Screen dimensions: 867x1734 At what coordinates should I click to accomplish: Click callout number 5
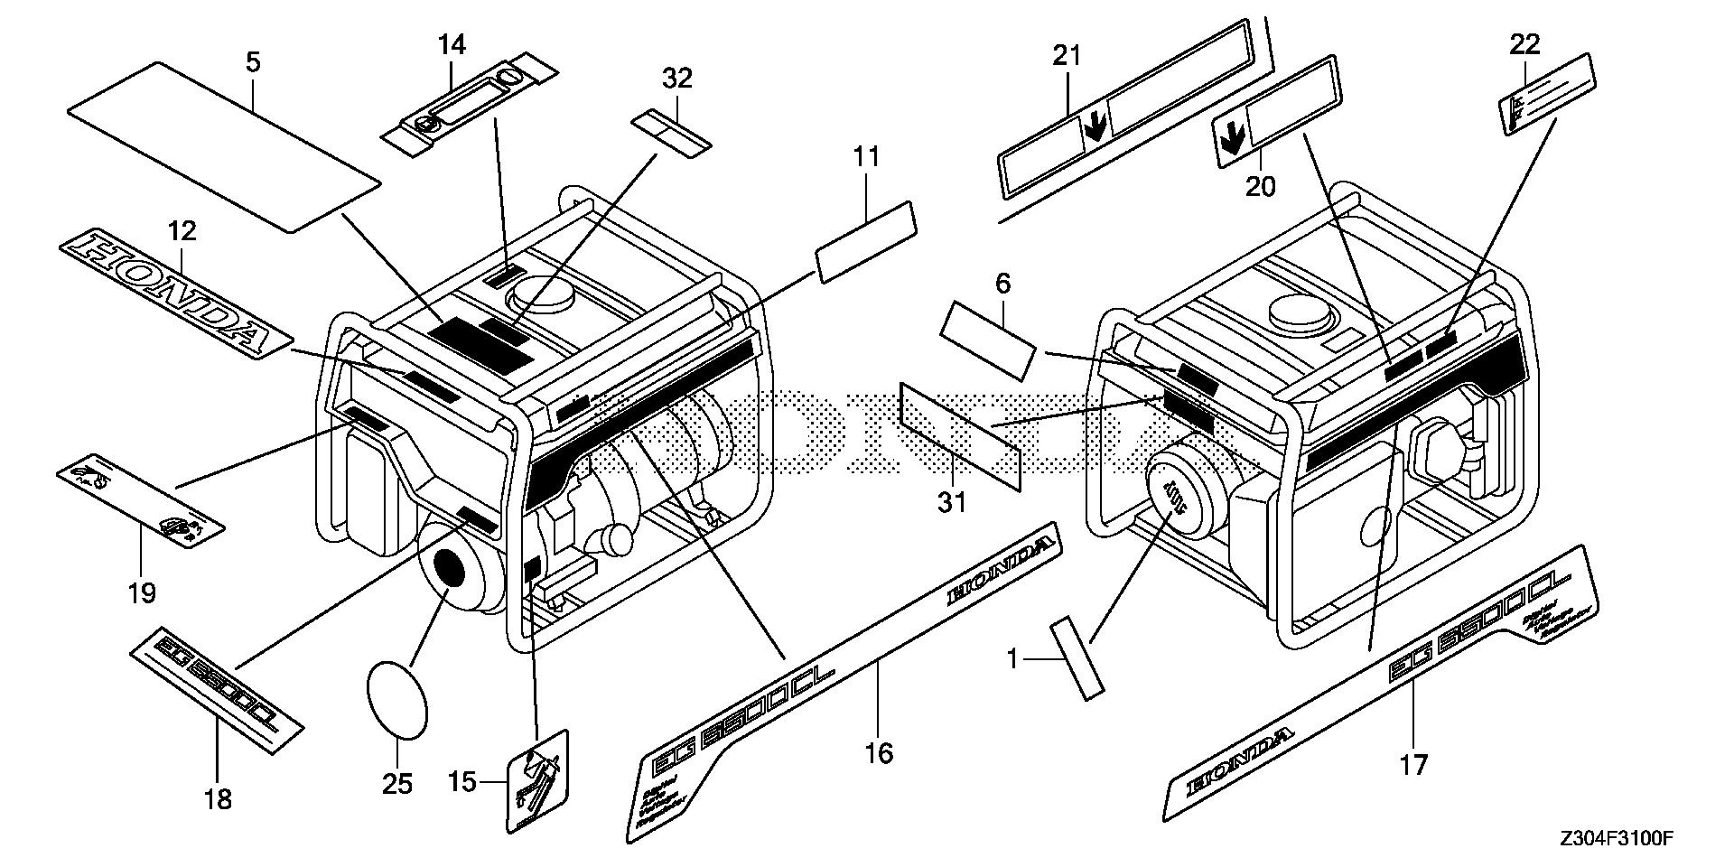tap(253, 62)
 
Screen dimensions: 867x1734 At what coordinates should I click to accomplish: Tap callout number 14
tap(452, 43)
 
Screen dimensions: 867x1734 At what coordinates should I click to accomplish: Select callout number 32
tap(676, 79)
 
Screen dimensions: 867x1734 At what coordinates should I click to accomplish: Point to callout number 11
tap(866, 157)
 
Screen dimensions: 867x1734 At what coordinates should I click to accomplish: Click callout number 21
tap(1067, 56)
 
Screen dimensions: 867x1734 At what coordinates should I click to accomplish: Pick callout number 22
tap(1525, 43)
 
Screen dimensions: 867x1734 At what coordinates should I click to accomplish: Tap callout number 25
tap(397, 784)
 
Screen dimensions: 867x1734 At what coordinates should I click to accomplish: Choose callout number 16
tap(879, 751)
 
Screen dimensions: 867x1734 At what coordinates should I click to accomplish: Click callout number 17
tap(1413, 765)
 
